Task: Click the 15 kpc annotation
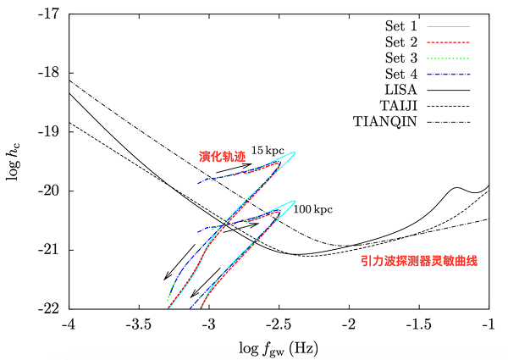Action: pyautogui.click(x=268, y=150)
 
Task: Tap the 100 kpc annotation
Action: pyautogui.click(x=313, y=208)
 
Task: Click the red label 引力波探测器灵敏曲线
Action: pyautogui.click(x=419, y=262)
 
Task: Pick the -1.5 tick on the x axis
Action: pyautogui.click(x=419, y=324)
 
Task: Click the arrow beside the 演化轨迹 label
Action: pyautogui.click(x=234, y=169)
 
